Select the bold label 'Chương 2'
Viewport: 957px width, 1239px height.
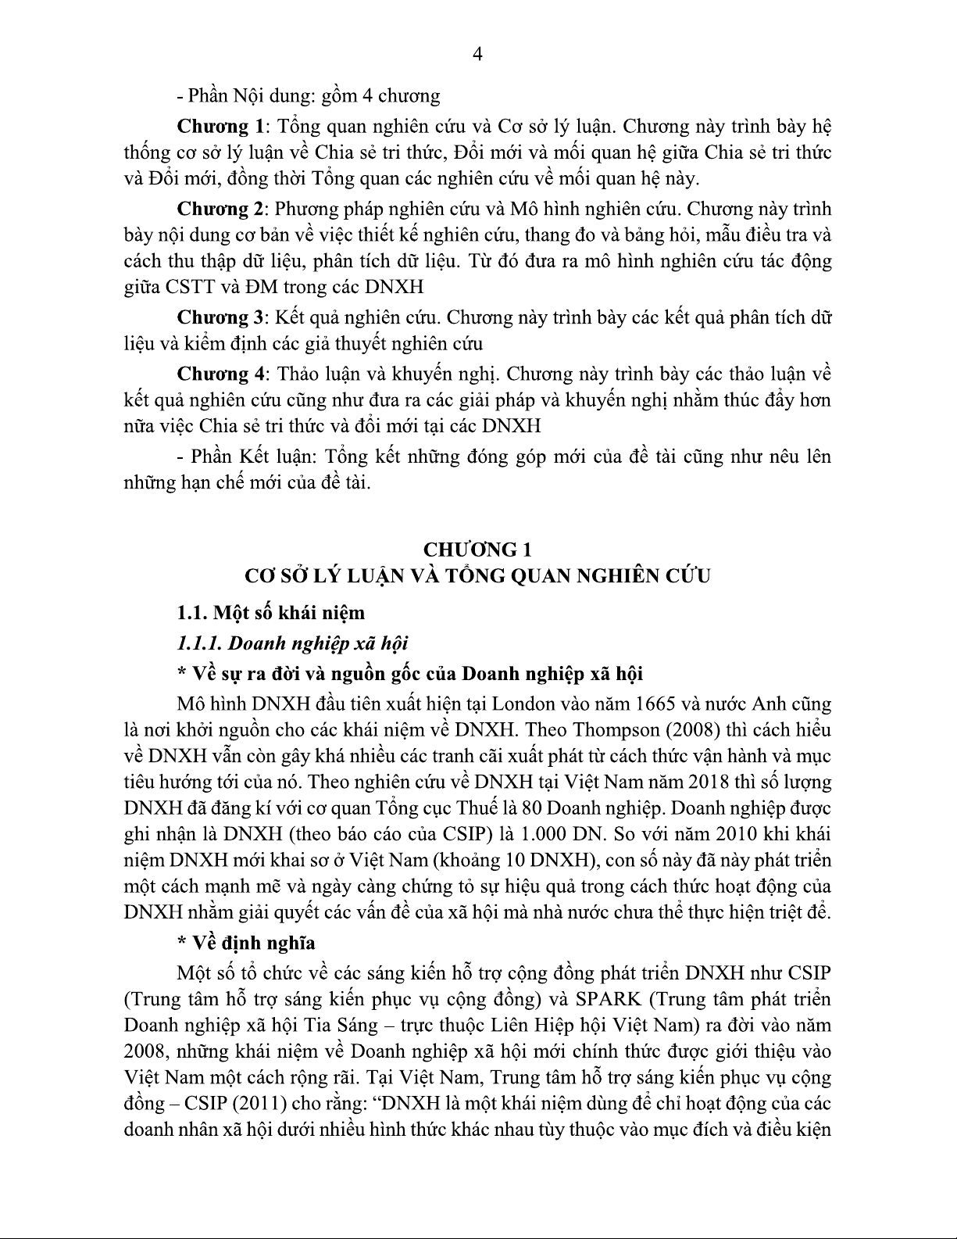[x=220, y=209]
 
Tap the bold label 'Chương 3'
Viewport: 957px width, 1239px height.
[x=220, y=317]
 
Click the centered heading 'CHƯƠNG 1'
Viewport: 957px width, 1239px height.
[x=477, y=548]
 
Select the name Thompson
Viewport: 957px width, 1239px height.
[x=616, y=729]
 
